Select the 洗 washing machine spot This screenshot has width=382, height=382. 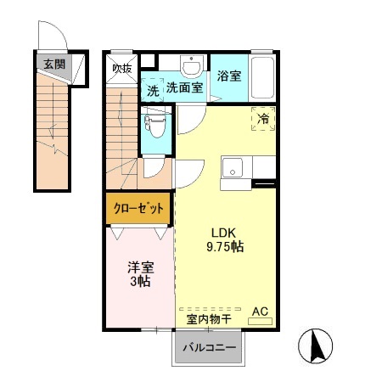pyautogui.click(x=152, y=89)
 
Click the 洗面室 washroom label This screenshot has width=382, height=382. pyautogui.click(x=183, y=87)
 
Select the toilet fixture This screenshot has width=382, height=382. pyautogui.click(x=155, y=126)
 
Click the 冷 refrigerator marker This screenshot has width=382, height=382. pyautogui.click(x=263, y=120)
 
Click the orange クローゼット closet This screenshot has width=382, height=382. pyautogui.click(x=139, y=208)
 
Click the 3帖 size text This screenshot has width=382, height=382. pyautogui.click(x=138, y=281)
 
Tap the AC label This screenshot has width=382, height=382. pyautogui.click(x=262, y=312)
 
